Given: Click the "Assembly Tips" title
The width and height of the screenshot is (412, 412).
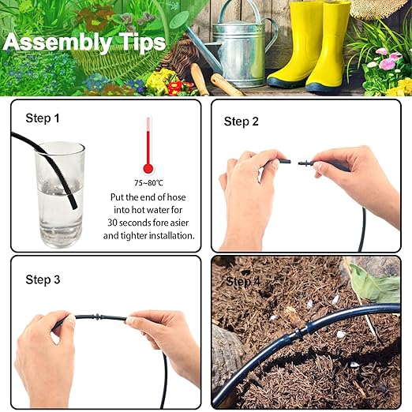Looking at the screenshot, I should pos(84,42).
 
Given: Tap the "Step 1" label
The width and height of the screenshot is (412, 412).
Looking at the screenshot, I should pos(43,118).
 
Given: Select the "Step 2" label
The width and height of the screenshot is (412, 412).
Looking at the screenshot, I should pos(242,121).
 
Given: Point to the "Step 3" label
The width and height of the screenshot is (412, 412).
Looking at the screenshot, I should pos(43,279).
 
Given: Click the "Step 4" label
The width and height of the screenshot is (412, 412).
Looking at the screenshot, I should pos(242,282).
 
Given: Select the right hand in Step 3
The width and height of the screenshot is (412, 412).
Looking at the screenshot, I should pos(162,335).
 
